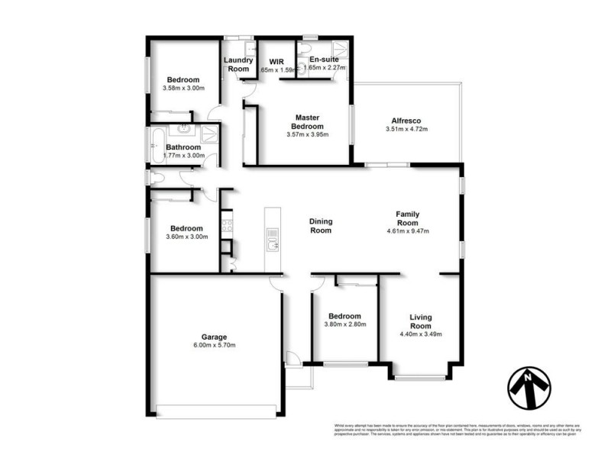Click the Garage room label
pos(214,337)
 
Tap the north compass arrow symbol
pos(527,388)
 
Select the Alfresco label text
pos(406,121)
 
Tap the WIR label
pos(276,60)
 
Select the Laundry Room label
pos(238,64)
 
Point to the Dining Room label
pos(320,226)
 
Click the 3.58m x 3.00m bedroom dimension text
pos(183,89)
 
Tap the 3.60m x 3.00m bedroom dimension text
pos(186,237)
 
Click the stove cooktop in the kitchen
pos(227,224)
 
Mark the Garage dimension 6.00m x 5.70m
pos(214,346)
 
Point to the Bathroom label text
pos(183,147)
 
